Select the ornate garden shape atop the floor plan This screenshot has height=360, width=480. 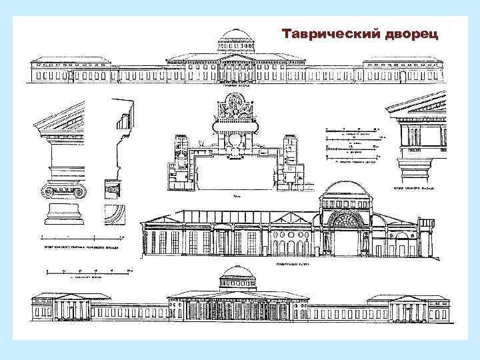point(234,113)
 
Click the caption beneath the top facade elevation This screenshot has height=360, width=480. point(231,85)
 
